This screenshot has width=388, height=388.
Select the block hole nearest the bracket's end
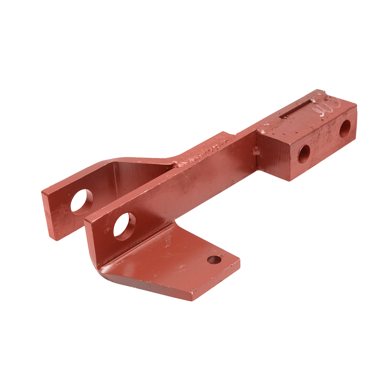click(x=345, y=129)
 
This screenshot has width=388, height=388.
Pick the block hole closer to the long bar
click(x=304, y=154)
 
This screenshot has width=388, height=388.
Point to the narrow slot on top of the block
click(x=297, y=110)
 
